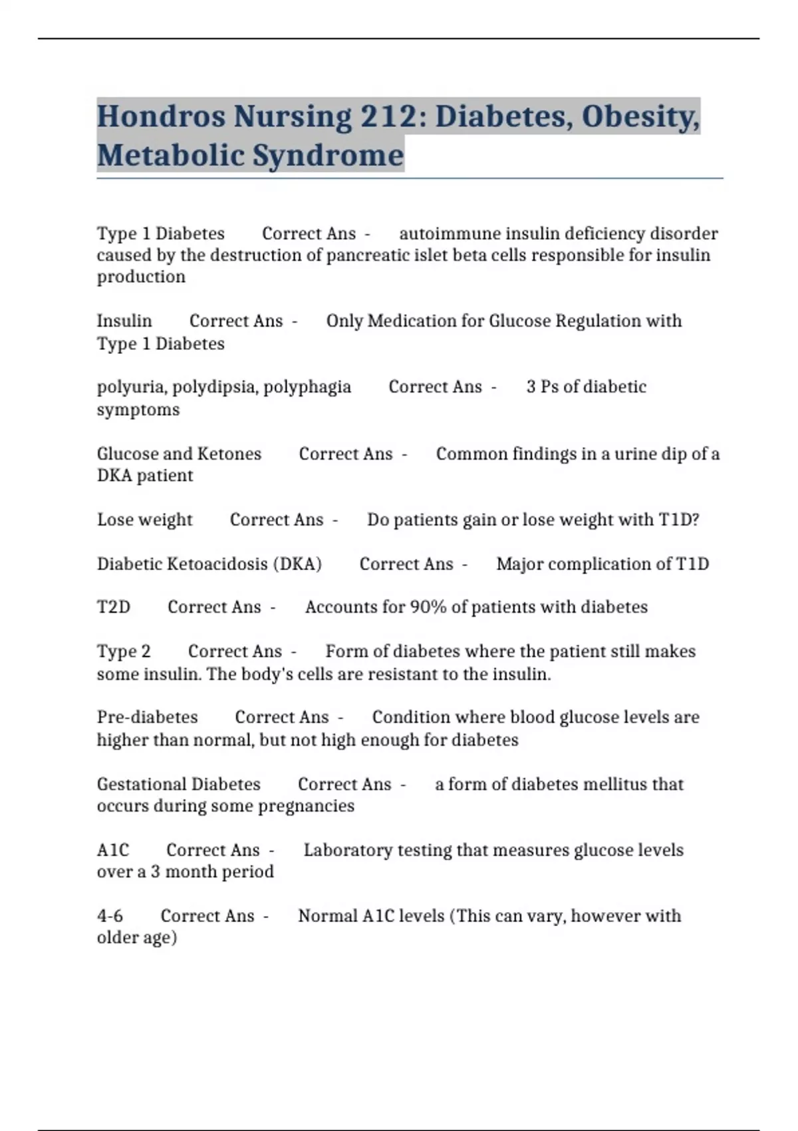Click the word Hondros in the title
(160, 116)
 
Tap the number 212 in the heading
(388, 116)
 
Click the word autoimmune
(450, 234)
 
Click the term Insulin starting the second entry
(124, 321)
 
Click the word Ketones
(230, 454)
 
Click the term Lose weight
(144, 520)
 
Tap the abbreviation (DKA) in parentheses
(297, 564)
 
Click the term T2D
(114, 607)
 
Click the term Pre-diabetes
(147, 717)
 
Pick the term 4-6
(110, 916)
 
